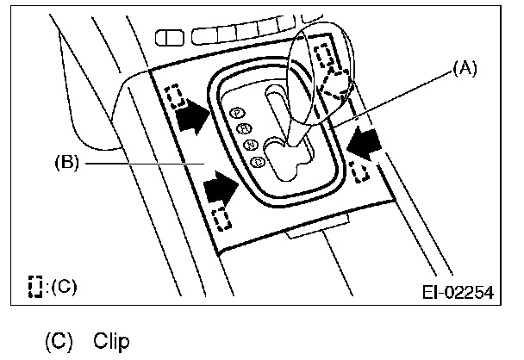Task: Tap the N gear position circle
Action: [x=250, y=144]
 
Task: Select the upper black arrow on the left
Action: [x=193, y=116]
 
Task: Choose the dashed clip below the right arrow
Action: [x=364, y=172]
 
